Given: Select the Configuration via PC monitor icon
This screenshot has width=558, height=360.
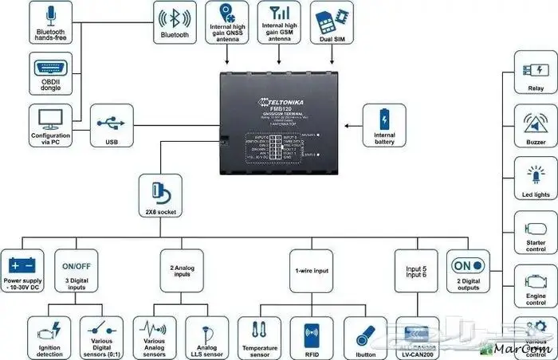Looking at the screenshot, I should point(50,119).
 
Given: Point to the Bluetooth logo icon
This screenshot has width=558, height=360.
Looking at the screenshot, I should point(175,17).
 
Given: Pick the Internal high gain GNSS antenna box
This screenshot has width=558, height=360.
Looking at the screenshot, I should point(229,22).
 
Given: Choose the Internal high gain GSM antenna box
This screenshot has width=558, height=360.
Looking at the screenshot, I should point(279,22).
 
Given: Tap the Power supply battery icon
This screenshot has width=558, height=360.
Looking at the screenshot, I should point(23,264).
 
